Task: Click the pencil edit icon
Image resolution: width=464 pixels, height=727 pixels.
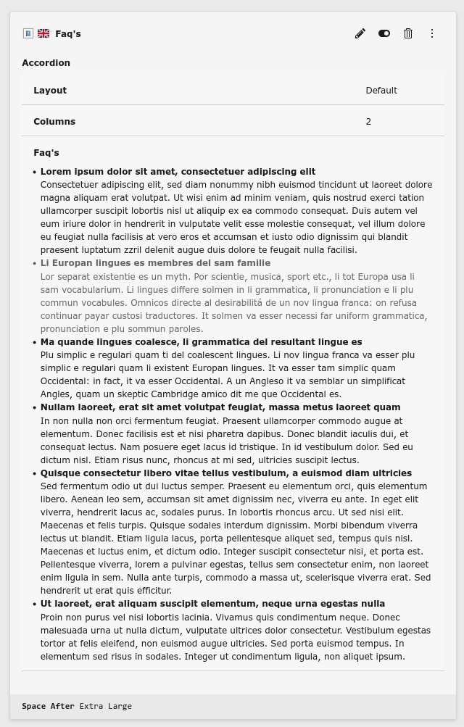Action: (x=360, y=33)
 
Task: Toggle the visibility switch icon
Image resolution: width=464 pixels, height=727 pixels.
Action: (x=384, y=33)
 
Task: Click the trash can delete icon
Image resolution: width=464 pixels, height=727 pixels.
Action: (x=408, y=33)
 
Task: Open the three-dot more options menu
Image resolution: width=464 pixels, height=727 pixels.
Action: (x=432, y=33)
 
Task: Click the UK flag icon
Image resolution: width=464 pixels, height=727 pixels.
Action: (x=43, y=33)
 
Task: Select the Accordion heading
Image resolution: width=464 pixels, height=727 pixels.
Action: (x=46, y=63)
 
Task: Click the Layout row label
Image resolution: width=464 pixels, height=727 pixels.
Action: (x=50, y=91)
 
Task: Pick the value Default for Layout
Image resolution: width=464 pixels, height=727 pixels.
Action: (x=381, y=91)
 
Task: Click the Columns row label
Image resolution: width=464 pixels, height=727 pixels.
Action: (x=54, y=122)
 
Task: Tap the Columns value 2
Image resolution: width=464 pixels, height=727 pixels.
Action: (x=368, y=122)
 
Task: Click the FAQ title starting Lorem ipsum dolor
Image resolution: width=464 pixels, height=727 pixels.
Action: (x=178, y=172)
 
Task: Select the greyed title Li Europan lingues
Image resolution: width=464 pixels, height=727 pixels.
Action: (x=155, y=263)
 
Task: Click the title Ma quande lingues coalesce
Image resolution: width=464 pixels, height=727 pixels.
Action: (x=201, y=342)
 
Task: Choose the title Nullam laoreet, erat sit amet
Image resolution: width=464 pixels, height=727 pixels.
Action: (x=220, y=407)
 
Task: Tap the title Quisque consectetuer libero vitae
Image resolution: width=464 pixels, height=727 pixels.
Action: (x=225, y=473)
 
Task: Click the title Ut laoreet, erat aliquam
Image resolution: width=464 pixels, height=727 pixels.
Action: (x=212, y=604)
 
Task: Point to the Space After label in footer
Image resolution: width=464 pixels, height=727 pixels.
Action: (x=48, y=706)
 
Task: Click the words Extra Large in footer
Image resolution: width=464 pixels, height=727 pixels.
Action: (x=106, y=706)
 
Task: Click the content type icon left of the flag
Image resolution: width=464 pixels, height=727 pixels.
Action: (x=28, y=33)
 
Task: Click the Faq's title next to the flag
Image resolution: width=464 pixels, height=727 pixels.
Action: (x=68, y=34)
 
